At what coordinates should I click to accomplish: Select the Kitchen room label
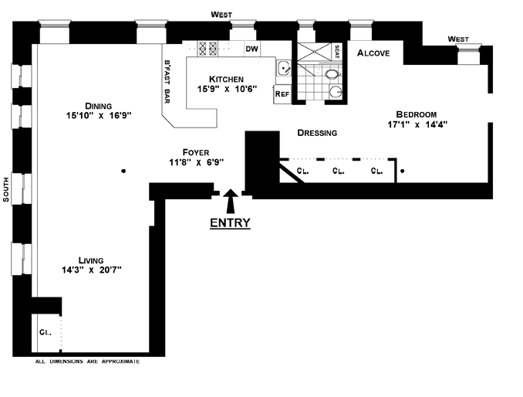pyautogui.click(x=226, y=79)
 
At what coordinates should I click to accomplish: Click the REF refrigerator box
pyautogui.click(x=282, y=93)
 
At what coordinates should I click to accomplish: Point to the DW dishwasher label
pyautogui.click(x=251, y=49)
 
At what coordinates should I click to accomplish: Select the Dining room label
pyautogui.click(x=100, y=106)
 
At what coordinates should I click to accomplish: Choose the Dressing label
pyautogui.click(x=317, y=133)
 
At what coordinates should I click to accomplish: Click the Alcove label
pyautogui.click(x=373, y=53)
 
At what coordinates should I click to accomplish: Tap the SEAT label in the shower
pyautogui.click(x=336, y=51)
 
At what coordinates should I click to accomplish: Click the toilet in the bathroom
pyautogui.click(x=332, y=75)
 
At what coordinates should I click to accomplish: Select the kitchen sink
pyautogui.click(x=284, y=68)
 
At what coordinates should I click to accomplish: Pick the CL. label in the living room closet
pyautogui.click(x=45, y=332)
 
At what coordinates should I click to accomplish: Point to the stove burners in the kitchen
pyautogui.click(x=209, y=48)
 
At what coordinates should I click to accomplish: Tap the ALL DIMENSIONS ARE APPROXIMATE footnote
pyautogui.click(x=88, y=361)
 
